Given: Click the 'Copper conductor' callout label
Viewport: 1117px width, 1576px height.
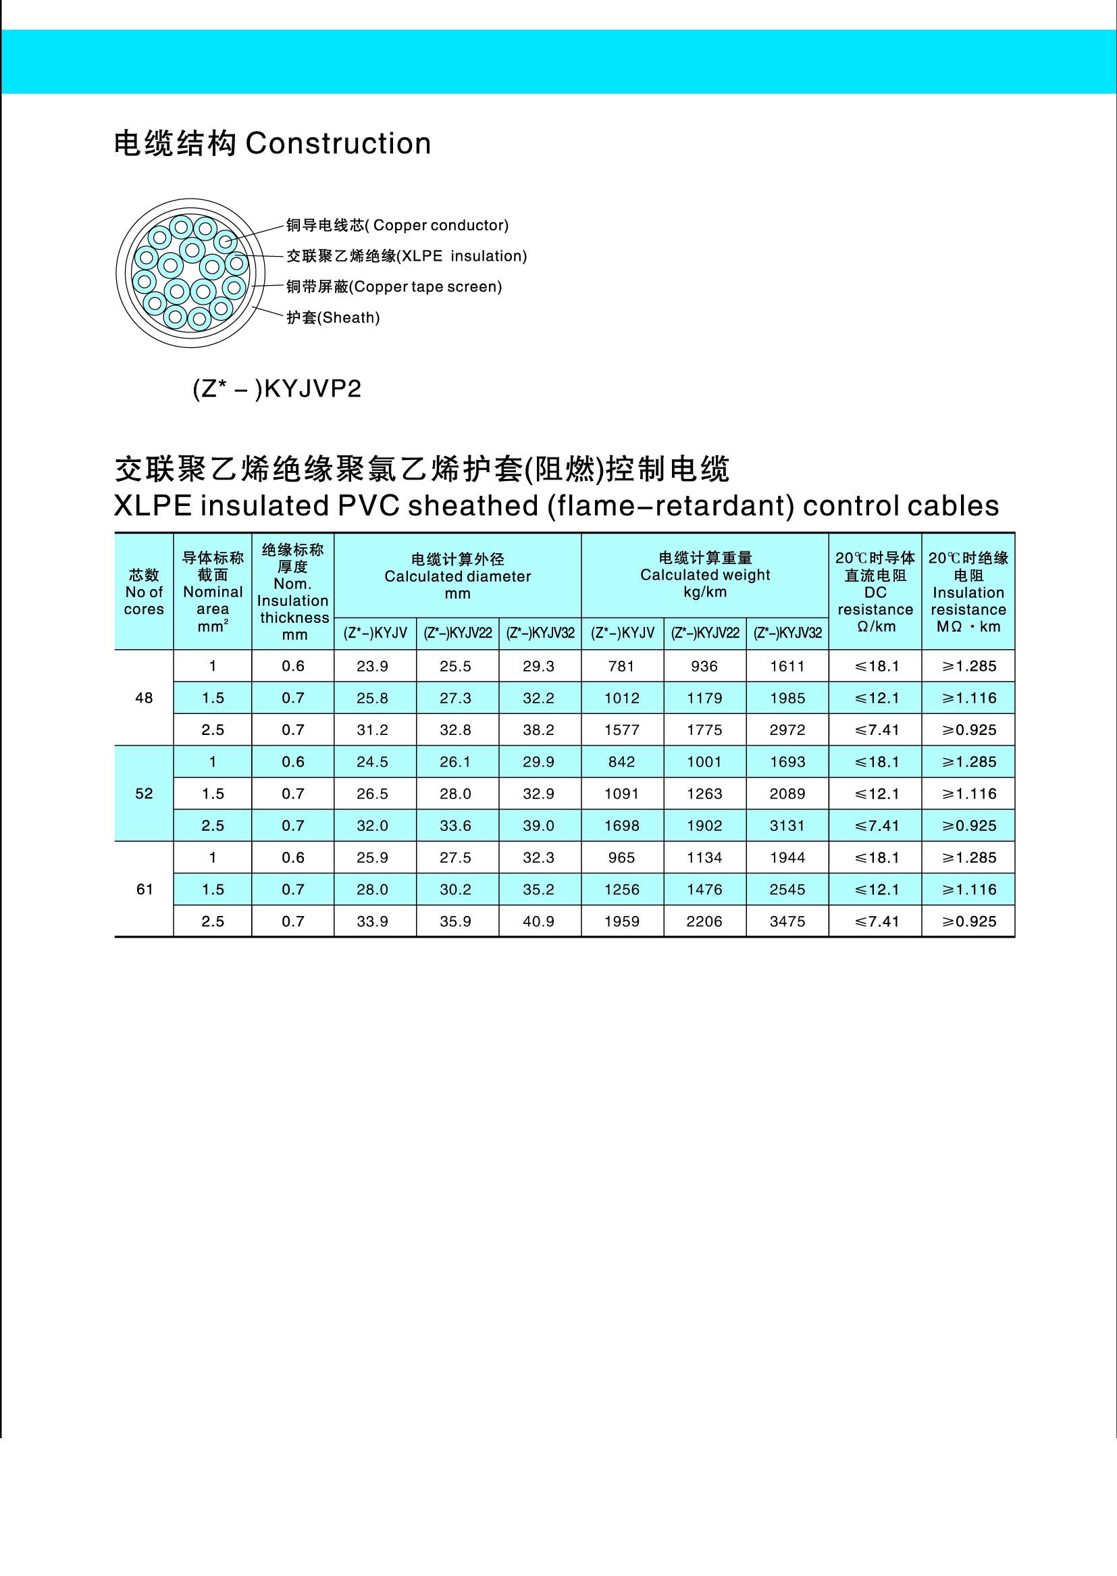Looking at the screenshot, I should [397, 226].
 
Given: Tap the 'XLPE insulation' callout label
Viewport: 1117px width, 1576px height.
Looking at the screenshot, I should [407, 256].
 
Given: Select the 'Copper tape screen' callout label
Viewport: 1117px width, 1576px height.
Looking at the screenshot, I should [394, 287].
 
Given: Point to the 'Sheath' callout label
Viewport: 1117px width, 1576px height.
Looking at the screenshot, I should [333, 317].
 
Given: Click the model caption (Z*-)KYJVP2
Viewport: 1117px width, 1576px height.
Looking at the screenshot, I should [276, 389].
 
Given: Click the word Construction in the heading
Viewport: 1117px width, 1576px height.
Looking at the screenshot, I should [338, 144].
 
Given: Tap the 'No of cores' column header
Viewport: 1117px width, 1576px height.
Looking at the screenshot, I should [144, 592].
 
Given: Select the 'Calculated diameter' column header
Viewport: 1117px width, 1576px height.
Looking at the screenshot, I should [457, 576].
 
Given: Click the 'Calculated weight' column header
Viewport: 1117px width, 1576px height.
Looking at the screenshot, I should [705, 574].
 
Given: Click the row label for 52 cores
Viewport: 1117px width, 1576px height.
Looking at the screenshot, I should [144, 793].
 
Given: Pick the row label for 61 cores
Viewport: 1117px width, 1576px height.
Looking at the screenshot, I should [144, 890].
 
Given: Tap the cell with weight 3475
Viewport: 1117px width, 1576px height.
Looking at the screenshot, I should [787, 921].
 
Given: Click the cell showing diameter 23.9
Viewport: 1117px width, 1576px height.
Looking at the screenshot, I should [372, 666].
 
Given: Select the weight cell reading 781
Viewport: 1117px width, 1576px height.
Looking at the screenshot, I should [622, 666].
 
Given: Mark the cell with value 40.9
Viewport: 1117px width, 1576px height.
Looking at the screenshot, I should [538, 921].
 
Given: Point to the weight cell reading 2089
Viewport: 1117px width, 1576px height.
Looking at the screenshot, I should [787, 794].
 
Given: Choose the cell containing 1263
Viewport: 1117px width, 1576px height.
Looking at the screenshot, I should [704, 794].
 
